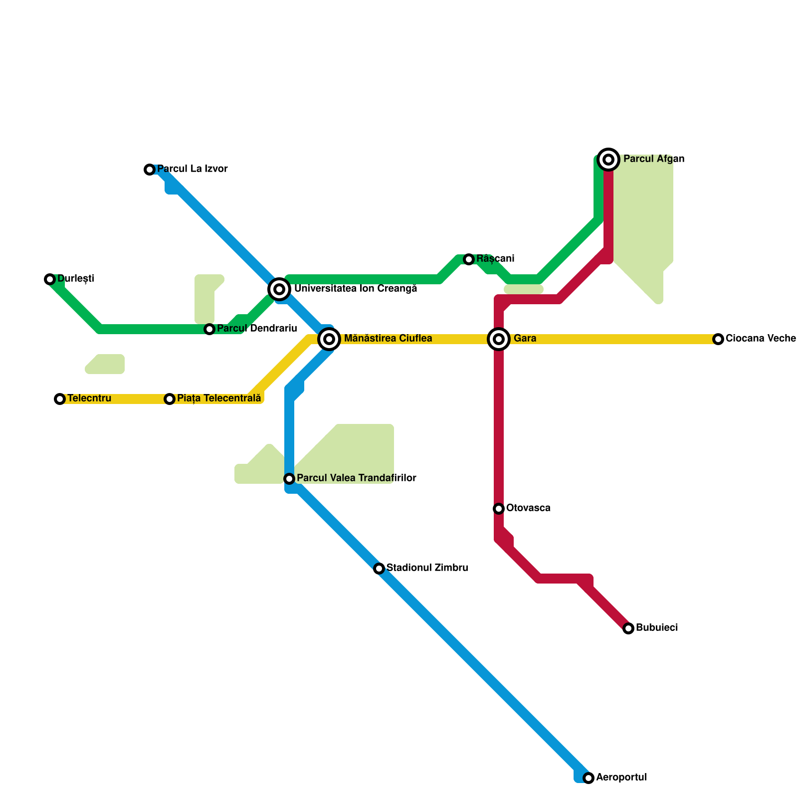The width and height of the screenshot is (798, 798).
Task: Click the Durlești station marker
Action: (50, 279)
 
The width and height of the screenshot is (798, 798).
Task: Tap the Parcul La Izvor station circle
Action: (150, 170)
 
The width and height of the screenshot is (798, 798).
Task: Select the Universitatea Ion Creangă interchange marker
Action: (279, 289)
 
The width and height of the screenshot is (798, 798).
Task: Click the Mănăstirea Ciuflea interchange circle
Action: (329, 339)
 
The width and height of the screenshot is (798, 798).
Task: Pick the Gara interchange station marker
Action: (499, 339)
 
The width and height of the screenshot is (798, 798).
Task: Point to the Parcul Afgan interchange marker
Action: (608, 160)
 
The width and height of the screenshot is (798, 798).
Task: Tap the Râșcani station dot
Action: (469, 259)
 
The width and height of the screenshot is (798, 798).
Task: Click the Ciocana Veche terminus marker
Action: (718, 339)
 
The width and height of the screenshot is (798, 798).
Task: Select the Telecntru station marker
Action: (60, 399)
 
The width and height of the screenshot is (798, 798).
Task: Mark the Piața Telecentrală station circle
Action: (170, 399)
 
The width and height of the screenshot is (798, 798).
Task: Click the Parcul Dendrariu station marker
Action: (209, 329)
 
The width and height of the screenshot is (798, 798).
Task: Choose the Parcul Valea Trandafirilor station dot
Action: (289, 479)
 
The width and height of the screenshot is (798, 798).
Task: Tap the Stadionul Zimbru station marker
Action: (379, 569)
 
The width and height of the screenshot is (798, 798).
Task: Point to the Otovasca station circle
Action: (499, 509)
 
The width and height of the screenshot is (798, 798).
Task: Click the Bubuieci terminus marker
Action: (628, 628)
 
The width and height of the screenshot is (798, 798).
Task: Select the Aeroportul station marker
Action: (589, 778)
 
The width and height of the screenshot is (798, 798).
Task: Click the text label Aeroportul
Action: (621, 778)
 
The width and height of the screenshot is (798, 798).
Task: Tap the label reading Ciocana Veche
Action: (761, 339)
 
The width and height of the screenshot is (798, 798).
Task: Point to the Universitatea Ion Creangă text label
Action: (356, 289)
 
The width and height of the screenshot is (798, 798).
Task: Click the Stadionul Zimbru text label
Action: (427, 568)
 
